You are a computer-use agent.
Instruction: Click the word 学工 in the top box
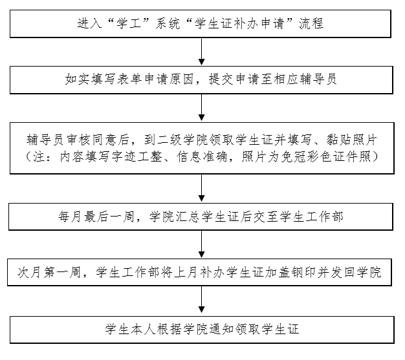tap(129, 23)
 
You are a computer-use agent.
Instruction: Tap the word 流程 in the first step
tap(311, 23)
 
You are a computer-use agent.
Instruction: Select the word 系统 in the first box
tap(168, 23)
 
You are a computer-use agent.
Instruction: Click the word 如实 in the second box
tap(78, 79)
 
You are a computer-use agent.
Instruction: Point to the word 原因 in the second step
tap(182, 79)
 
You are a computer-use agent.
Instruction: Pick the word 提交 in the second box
tap(221, 79)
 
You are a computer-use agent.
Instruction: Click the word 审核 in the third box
tap(78, 140)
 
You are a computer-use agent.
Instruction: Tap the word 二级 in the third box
tap(170, 140)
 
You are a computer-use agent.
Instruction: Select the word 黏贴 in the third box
tap(338, 140)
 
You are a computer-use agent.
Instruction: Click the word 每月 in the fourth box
tap(70, 217)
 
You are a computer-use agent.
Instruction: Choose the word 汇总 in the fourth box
tap(187, 217)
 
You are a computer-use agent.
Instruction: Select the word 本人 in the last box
tap(143, 329)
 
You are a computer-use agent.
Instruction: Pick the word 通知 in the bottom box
tap(221, 329)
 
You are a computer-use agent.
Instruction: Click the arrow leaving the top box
tap(201, 51)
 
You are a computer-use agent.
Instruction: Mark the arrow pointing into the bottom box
tap(201, 300)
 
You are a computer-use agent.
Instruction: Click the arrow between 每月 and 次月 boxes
tap(201, 244)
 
